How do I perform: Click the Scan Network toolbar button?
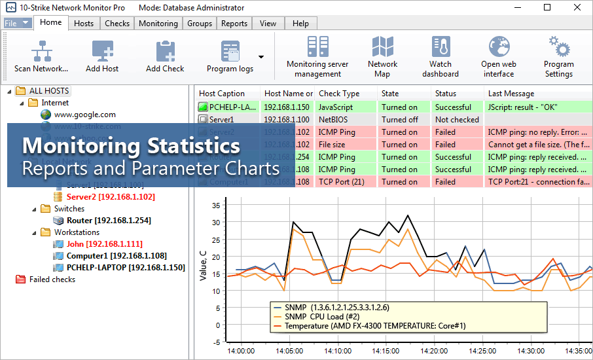41,56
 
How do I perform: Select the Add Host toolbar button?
102,56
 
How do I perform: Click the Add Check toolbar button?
165,56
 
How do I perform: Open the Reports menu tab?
234,24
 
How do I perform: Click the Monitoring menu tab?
158,24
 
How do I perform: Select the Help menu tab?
300,24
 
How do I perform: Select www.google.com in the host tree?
85,115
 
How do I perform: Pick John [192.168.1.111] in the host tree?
95,244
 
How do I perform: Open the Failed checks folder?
52,279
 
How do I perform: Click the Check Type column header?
339,94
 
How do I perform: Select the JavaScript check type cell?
336,107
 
